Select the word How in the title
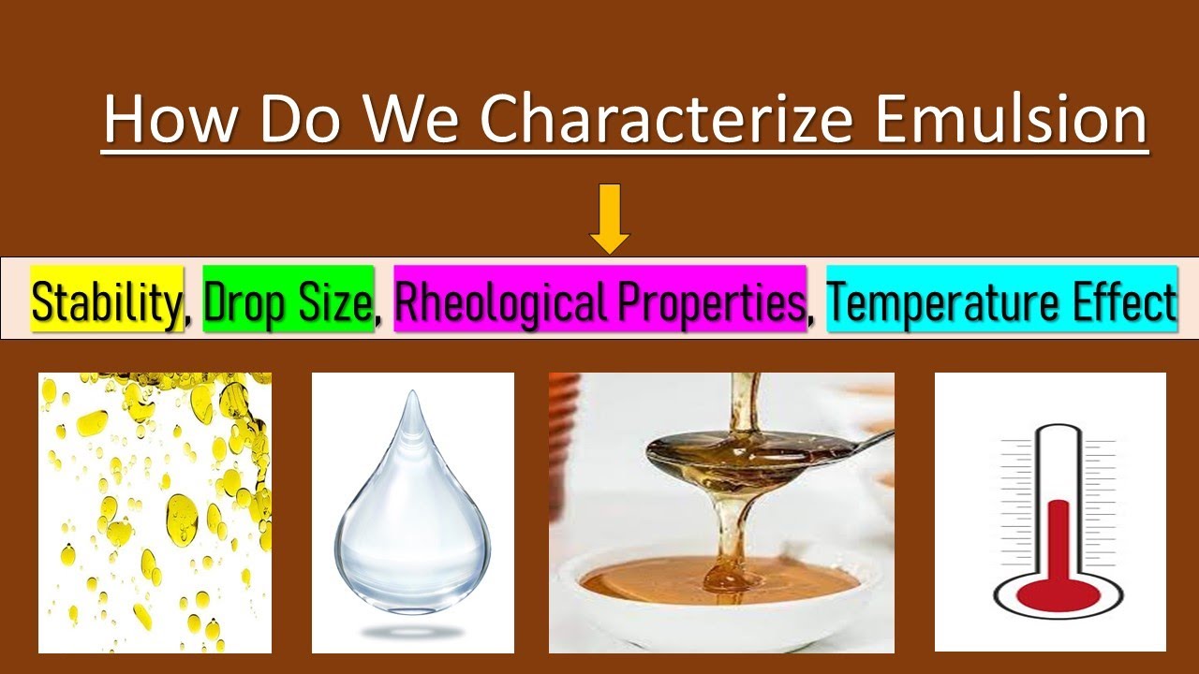coord(170,119)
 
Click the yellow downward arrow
coord(610,219)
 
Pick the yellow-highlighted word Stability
coord(107,300)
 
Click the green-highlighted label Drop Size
coord(289,300)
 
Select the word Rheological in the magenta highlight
coord(492,300)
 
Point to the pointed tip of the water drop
coord(412,398)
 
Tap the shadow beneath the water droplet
coord(412,633)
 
